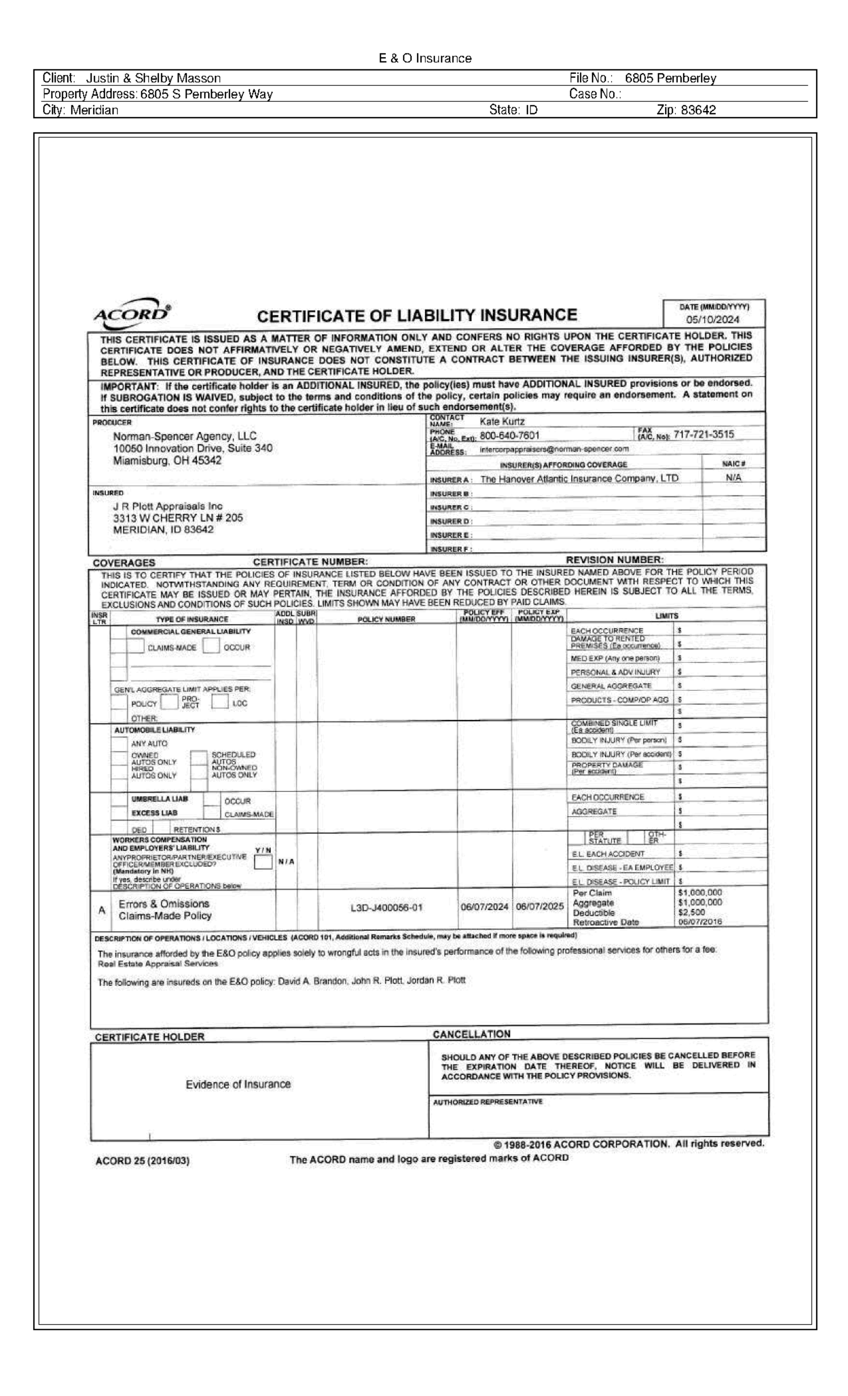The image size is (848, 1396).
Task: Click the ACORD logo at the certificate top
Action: pos(131,313)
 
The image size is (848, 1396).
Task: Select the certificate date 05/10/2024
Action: pos(712,319)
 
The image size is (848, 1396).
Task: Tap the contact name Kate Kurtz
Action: pos(502,422)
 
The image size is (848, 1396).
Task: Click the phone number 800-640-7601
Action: pos(509,435)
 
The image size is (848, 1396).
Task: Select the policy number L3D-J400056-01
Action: pos(386,908)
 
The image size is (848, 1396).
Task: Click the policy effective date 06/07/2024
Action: pos(484,907)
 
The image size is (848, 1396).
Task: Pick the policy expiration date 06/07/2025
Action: pos(539,907)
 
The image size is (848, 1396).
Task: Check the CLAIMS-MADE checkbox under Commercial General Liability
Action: pos(136,646)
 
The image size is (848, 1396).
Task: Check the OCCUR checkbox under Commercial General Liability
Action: pos(211,646)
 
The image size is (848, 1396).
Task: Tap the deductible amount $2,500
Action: pos(691,913)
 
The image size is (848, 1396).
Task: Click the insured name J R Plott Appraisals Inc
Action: pos(168,506)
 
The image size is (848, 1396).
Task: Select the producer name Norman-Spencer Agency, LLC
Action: pos(185,436)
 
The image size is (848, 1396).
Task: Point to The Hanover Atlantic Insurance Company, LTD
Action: pos(579,479)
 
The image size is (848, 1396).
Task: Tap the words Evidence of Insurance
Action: pos(238,1084)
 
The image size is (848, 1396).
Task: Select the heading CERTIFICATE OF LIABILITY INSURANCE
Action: pos(417,316)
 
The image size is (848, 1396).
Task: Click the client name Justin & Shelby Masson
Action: pos(153,78)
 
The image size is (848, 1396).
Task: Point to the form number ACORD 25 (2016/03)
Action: pos(142,1161)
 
